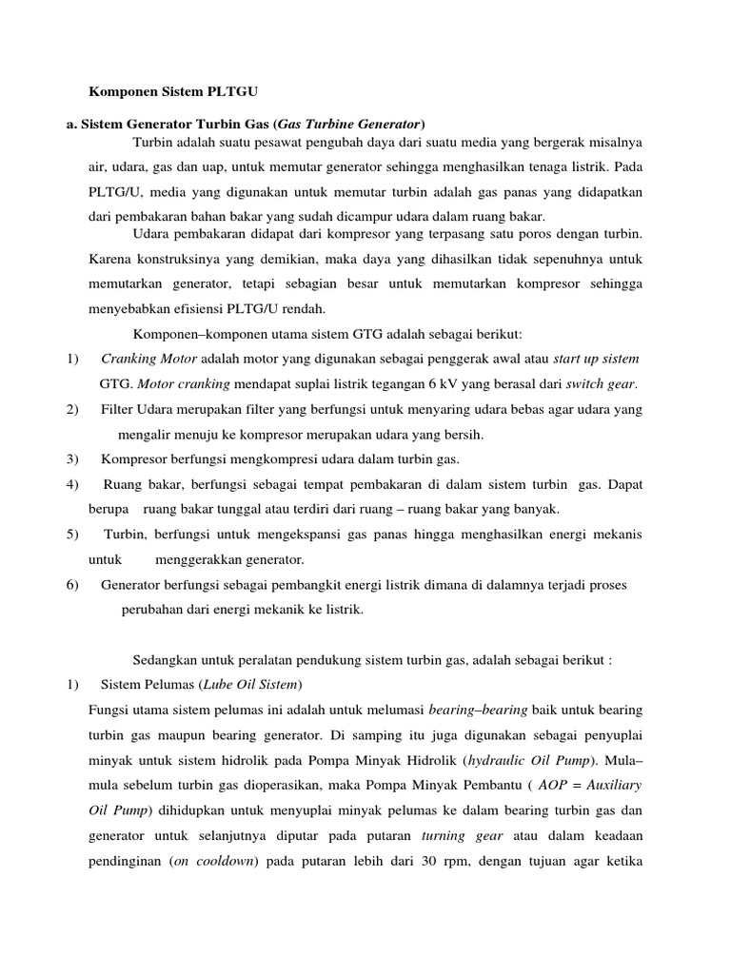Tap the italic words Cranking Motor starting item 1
click(x=148, y=359)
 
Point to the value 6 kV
click(x=446, y=384)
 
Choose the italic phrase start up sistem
click(x=596, y=359)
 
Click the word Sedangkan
click(x=163, y=659)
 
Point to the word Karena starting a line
click(x=108, y=258)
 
